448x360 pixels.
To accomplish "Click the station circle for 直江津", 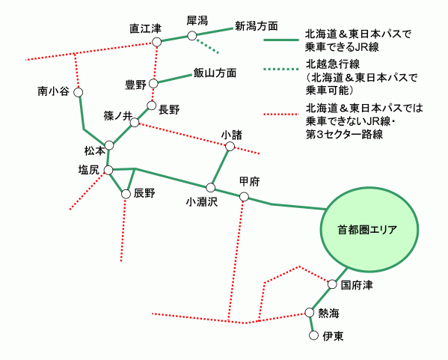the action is click(x=156, y=42).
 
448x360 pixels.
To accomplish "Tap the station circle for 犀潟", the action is click(x=192, y=36).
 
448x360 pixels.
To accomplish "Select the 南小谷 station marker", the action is click(x=79, y=92).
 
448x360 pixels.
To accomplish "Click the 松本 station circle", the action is click(x=109, y=145).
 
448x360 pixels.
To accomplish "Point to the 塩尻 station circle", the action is click(x=108, y=171).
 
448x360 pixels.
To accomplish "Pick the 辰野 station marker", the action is click(x=126, y=194).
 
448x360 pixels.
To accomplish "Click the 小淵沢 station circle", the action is click(x=211, y=188).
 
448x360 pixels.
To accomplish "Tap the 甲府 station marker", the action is click(x=244, y=197).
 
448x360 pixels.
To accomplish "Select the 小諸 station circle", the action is click(x=230, y=147).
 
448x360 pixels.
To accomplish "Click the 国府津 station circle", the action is click(x=332, y=284).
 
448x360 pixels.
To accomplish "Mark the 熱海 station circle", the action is click(x=310, y=313).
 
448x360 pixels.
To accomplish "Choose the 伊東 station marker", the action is click(x=313, y=335).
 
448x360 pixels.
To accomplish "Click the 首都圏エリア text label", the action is click(x=367, y=230).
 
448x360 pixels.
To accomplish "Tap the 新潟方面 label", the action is click(x=257, y=26).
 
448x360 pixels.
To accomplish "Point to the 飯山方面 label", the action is click(x=215, y=73).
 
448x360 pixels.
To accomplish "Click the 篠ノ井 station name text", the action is click(x=118, y=116).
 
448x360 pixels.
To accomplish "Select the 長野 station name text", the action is click(x=169, y=109).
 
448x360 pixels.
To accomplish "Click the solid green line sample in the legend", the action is click(x=281, y=40).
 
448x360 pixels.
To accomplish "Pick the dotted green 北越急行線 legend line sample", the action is click(x=281, y=69).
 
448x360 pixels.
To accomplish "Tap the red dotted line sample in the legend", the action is click(x=281, y=114).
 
